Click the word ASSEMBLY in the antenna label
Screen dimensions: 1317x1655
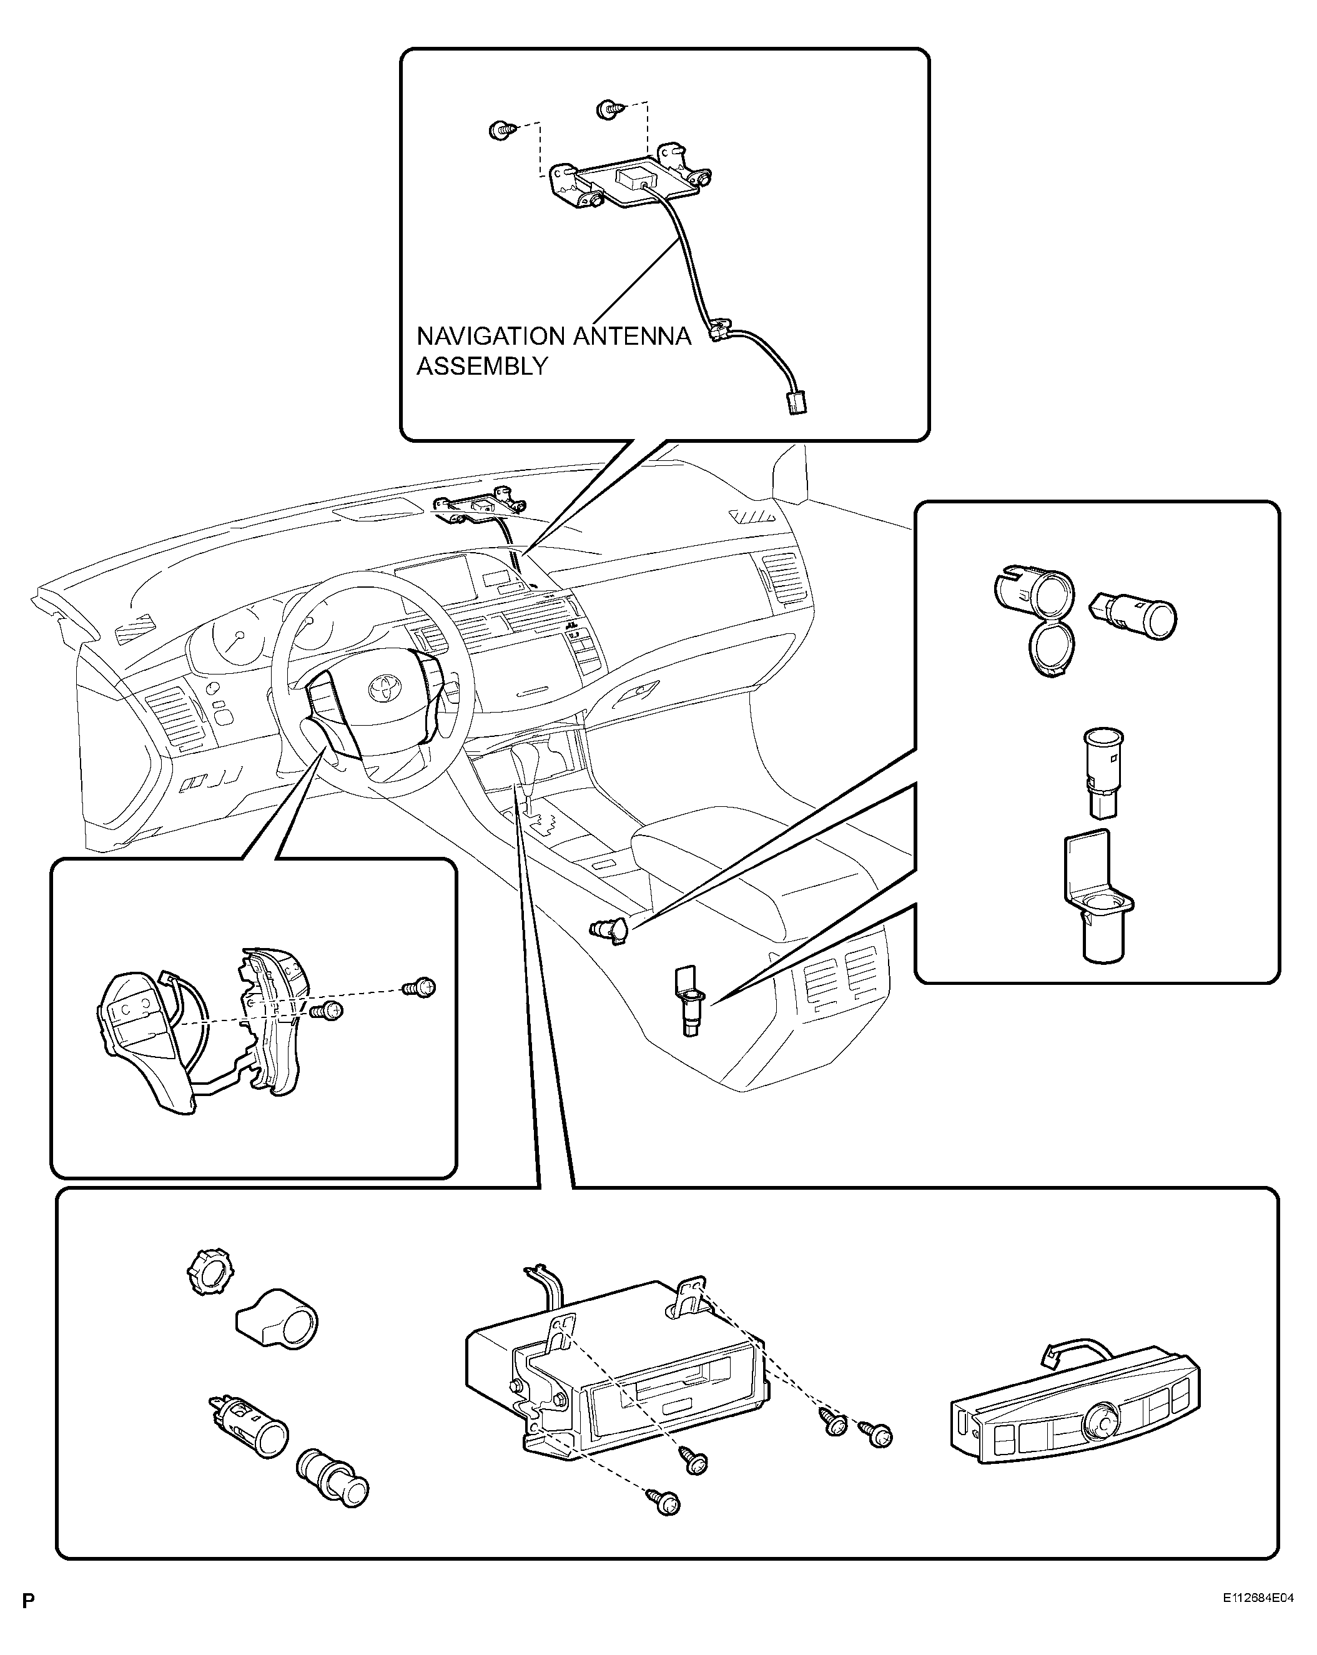pyautogui.click(x=482, y=366)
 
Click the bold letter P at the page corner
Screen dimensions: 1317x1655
pyautogui.click(x=28, y=1601)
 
